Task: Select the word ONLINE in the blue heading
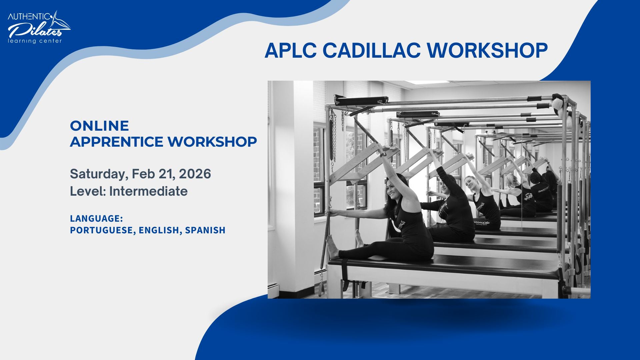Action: (99, 126)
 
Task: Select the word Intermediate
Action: (148, 191)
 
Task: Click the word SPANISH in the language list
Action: (205, 230)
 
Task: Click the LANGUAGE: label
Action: (96, 219)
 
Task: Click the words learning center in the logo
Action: (35, 41)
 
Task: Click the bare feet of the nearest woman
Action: (332, 247)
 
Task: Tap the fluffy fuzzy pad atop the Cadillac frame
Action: (557, 102)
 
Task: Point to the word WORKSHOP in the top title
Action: (487, 51)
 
